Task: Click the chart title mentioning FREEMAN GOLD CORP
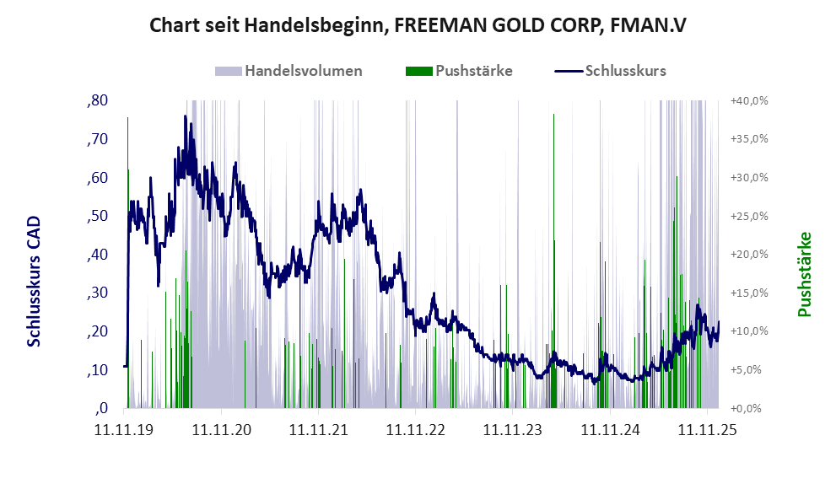coord(418,25)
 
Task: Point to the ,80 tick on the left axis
coord(97,101)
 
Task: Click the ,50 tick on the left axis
coord(97,216)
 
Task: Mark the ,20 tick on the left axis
coord(97,331)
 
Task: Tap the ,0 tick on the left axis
coord(101,408)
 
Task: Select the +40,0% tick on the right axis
coord(748,100)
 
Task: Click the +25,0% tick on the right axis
coord(748,216)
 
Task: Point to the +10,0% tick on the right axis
coord(748,331)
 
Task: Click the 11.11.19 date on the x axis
coord(125,430)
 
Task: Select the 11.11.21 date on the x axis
coord(319,430)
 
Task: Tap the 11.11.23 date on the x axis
coord(513,430)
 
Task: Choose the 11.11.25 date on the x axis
coord(707,430)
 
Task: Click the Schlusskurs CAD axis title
coord(34,280)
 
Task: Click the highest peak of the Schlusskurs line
coord(186,116)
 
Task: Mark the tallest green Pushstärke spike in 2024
coord(553,116)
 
